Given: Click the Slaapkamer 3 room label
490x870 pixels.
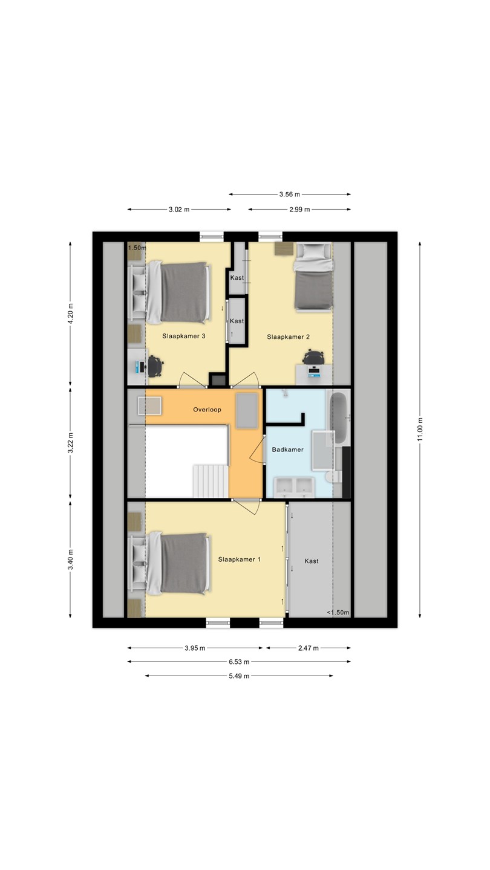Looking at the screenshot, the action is [183, 336].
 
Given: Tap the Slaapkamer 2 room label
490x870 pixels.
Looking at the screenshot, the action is [288, 337].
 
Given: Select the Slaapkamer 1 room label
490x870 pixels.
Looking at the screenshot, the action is [239, 559].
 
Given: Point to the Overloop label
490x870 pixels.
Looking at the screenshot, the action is [207, 410].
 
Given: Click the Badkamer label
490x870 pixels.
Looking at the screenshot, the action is [288, 449].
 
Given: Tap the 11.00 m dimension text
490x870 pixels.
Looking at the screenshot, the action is [420, 430].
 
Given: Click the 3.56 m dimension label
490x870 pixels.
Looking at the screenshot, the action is [290, 194].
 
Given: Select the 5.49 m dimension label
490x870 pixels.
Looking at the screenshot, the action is [239, 676].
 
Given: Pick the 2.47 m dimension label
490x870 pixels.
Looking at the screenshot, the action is [309, 648].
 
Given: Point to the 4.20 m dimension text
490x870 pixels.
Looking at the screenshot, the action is [70, 314].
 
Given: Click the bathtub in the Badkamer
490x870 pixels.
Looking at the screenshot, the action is [339, 417].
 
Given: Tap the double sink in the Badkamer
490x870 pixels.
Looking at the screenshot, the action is [295, 487].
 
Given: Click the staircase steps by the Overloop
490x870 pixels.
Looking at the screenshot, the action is [211, 481].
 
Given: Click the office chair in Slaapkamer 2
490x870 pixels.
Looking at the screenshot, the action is [313, 357].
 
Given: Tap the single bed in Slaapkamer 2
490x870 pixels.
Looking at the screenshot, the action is [313, 277].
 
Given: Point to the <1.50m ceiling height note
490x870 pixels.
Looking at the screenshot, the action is [338, 613].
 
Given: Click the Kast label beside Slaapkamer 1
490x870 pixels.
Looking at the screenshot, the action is [312, 561].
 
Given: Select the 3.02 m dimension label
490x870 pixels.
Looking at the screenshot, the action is [179, 209].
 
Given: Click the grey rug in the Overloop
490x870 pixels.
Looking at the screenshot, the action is [247, 411].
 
